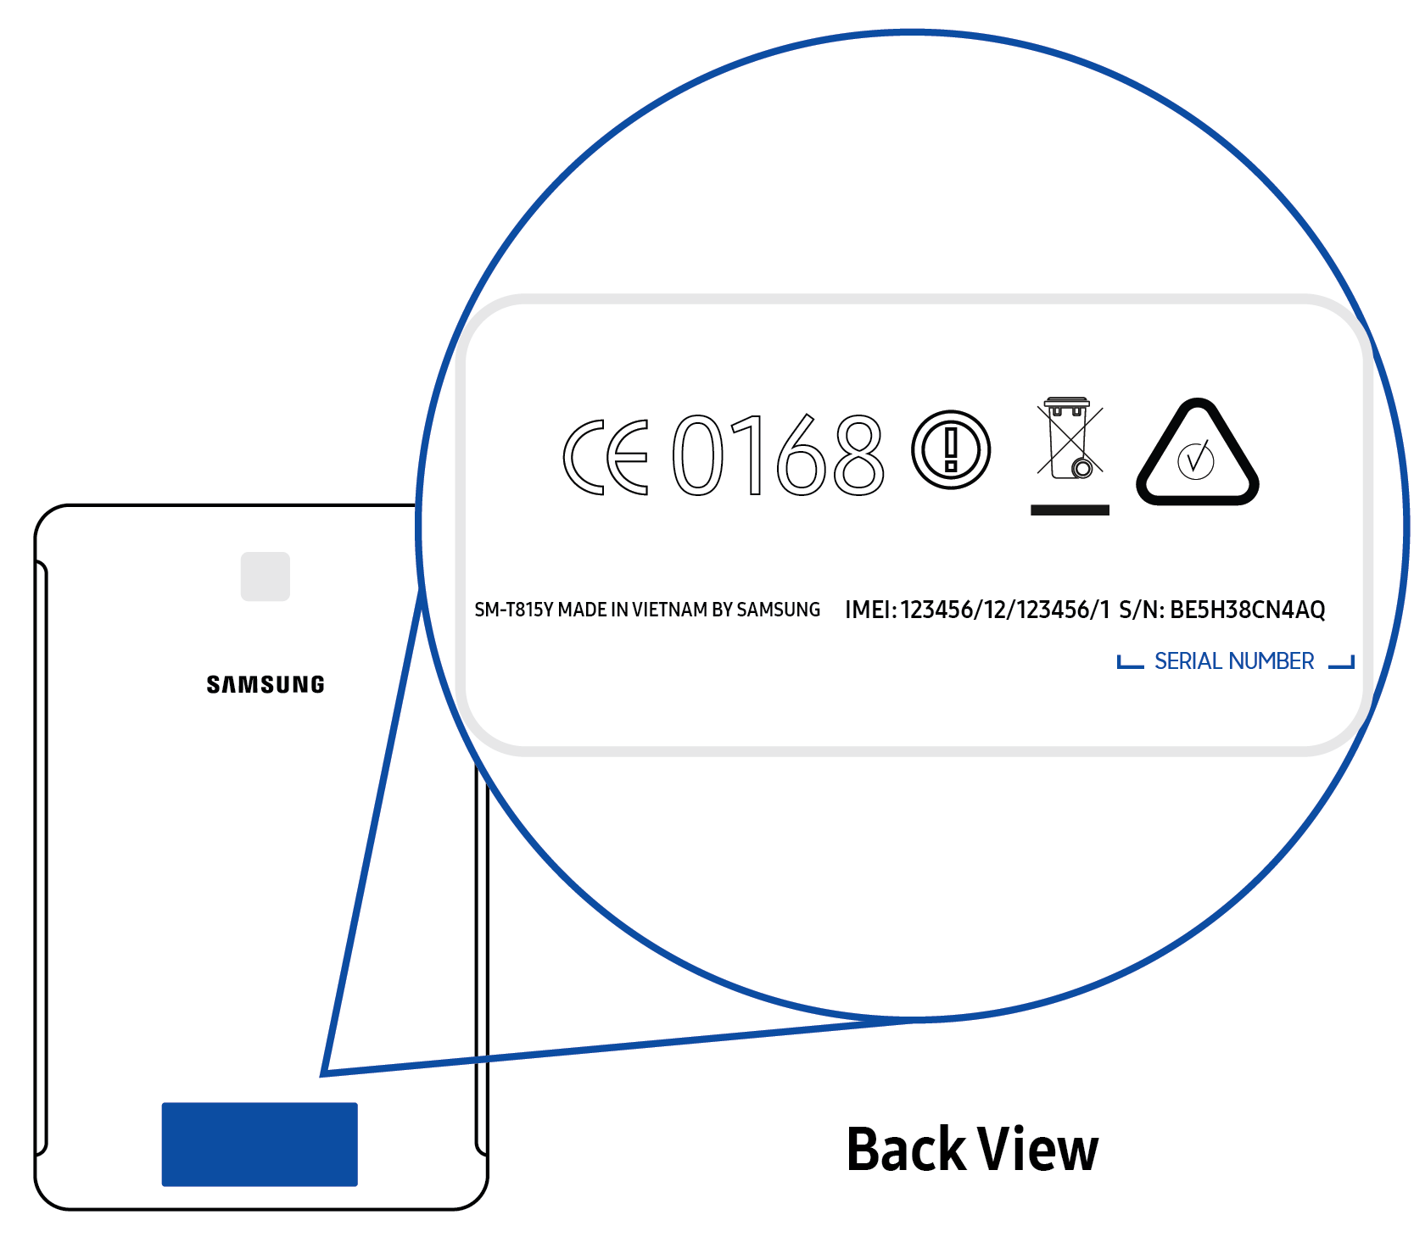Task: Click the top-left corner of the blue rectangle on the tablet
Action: click(x=162, y=1103)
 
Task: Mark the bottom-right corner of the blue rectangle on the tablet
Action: click(x=358, y=1186)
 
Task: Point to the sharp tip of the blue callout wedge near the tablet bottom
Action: click(x=321, y=1075)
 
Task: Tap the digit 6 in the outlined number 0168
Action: click(x=801, y=454)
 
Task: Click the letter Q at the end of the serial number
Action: click(x=1316, y=610)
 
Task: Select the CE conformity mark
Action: click(x=606, y=456)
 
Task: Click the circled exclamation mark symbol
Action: click(x=951, y=449)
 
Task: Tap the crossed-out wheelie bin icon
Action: click(x=1070, y=437)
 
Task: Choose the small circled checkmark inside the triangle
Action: click(x=1196, y=460)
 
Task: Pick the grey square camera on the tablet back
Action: click(x=265, y=577)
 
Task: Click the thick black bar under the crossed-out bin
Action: click(x=1070, y=510)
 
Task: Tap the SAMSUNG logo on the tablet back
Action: click(x=265, y=685)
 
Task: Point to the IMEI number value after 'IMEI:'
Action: click(x=1005, y=610)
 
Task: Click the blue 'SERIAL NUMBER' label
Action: click(x=1234, y=661)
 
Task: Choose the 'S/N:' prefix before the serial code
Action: click(x=1142, y=610)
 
